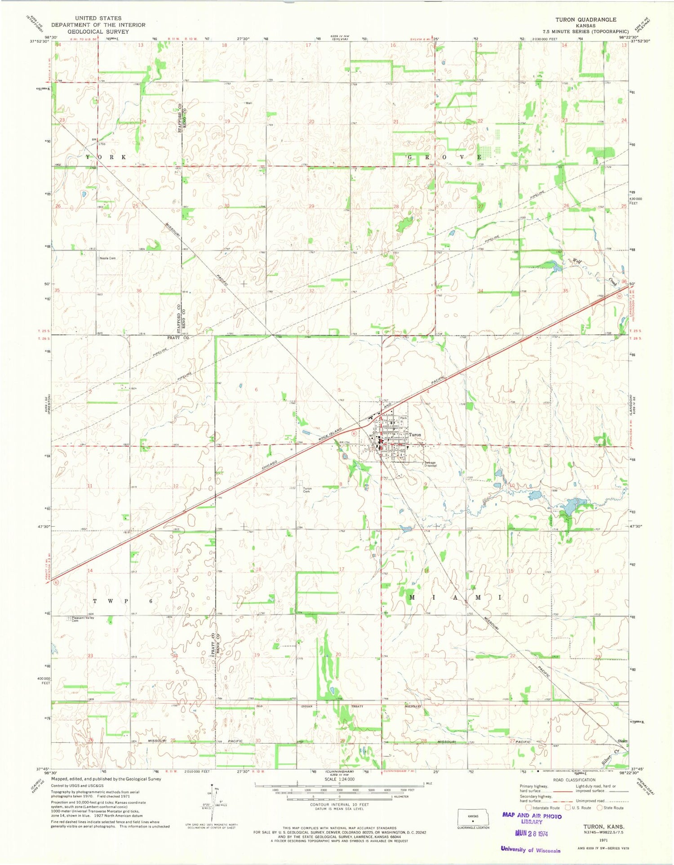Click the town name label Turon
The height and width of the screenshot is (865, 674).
(415, 435)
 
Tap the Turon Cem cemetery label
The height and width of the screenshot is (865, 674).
(307, 490)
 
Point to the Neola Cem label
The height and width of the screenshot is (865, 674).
(107, 258)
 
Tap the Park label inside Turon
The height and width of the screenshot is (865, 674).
(404, 418)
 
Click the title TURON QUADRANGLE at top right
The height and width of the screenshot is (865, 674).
(585, 19)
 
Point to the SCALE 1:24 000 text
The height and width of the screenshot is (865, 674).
(339, 780)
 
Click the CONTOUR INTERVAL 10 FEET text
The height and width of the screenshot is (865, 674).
(339, 804)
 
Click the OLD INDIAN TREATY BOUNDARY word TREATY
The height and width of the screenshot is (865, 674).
(357, 706)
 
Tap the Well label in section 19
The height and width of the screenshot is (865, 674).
(248, 103)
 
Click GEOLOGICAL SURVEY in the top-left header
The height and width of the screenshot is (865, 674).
(98, 31)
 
